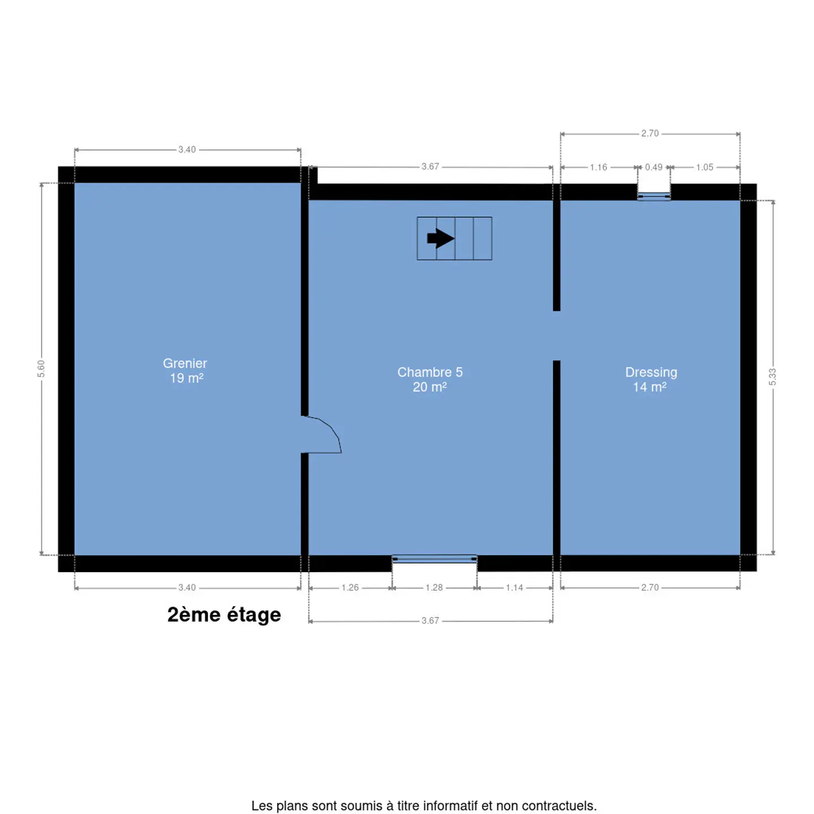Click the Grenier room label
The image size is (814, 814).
tap(185, 363)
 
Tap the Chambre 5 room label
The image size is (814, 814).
tap(430, 372)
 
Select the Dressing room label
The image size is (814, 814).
tap(651, 372)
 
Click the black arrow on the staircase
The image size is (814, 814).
tap(440, 238)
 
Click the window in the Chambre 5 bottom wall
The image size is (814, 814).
tap(434, 559)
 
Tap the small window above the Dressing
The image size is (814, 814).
tap(653, 196)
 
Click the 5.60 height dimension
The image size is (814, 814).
tap(41, 369)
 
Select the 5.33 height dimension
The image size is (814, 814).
tap(773, 377)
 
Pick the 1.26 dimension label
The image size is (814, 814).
tap(350, 587)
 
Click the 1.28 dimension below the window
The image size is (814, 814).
tap(434, 587)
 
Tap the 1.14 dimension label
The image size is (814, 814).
tap(514, 587)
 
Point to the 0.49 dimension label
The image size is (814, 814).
tap(653, 167)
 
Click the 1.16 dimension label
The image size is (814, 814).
tap(599, 167)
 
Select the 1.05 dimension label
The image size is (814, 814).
tap(704, 167)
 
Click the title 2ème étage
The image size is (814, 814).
tap(224, 615)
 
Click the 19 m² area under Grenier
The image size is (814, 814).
tap(187, 378)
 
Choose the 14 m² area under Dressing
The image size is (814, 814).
tap(650, 387)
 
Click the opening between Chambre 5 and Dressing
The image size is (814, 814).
tap(557, 336)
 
